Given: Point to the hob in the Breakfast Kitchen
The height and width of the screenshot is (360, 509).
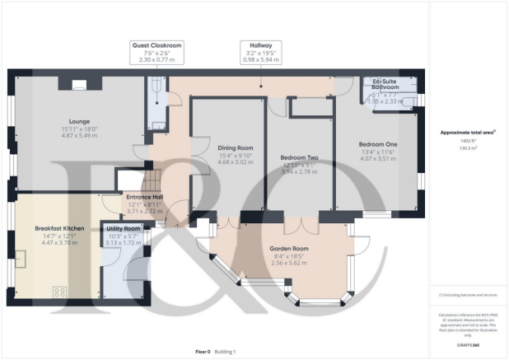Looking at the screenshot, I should coord(60,291).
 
